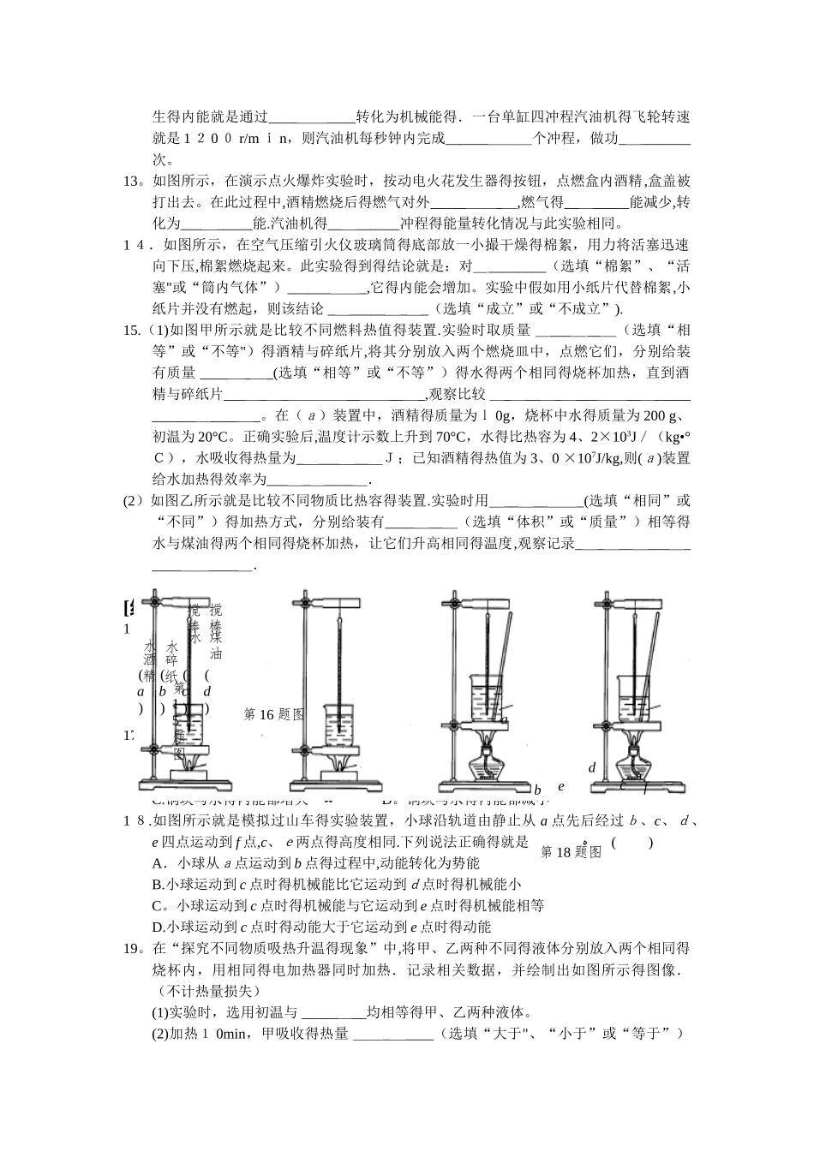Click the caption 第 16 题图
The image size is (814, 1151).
pyautogui.click(x=274, y=714)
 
